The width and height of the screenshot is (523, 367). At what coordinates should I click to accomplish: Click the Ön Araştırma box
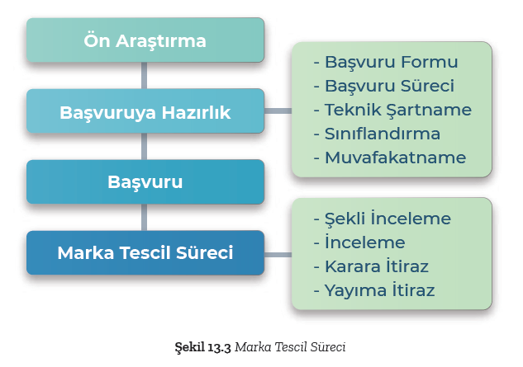(x=145, y=40)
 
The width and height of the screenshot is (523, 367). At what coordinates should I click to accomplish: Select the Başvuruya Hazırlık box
(x=145, y=111)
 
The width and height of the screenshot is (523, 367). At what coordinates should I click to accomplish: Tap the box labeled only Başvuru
(x=145, y=181)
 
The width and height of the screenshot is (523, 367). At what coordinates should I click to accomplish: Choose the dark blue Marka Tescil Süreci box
(x=145, y=252)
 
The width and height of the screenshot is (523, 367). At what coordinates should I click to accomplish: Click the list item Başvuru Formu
(x=386, y=62)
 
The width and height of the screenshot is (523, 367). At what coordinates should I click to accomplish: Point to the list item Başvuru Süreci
(x=384, y=86)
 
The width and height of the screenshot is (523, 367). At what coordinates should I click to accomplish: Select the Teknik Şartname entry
(x=392, y=110)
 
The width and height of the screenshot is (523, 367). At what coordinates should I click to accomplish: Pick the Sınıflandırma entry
(x=377, y=134)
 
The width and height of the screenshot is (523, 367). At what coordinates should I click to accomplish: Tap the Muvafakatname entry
(x=390, y=158)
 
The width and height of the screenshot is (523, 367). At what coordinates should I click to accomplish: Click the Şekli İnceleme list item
(x=383, y=219)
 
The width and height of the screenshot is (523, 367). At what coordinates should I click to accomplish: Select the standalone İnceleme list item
(x=359, y=242)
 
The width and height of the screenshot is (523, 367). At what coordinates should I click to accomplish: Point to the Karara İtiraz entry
(x=371, y=266)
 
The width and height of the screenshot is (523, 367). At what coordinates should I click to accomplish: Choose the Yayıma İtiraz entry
(x=374, y=290)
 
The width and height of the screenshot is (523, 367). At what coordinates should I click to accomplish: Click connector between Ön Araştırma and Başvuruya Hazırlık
(x=144, y=76)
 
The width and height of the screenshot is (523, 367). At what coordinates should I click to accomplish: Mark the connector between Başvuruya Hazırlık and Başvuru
(x=144, y=147)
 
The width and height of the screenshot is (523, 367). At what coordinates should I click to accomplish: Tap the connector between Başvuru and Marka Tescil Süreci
(x=144, y=218)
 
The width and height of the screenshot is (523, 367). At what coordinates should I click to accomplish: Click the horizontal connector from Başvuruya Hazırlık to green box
(x=278, y=111)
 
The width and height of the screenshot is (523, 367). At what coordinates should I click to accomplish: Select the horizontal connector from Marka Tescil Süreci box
(x=278, y=255)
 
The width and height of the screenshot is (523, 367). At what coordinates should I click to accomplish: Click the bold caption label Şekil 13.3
(x=202, y=347)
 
